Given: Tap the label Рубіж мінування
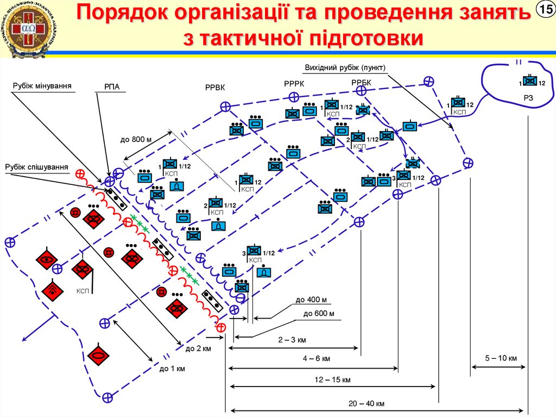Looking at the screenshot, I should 43,85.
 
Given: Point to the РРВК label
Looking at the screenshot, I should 215,88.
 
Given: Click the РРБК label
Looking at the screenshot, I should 361,82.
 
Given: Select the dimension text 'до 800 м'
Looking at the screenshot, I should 135,139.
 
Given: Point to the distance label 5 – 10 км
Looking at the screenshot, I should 501,358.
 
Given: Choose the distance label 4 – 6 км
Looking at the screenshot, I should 317,358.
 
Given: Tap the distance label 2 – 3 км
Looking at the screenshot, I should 292,340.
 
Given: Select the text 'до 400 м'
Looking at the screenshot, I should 311,300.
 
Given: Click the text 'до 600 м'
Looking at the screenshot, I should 319,313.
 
